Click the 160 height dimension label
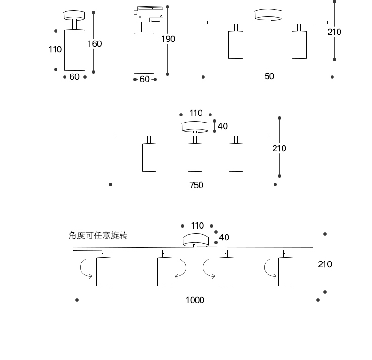pyautogui.click(x=95, y=44)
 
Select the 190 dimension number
pyautogui.click(x=168, y=39)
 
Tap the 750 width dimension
pyautogui.click(x=196, y=185)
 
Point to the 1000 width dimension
pyautogui.click(x=195, y=300)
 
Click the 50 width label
pyautogui.click(x=269, y=76)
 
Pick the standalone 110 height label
pyautogui.click(x=55, y=49)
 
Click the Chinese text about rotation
pyautogui.click(x=97, y=236)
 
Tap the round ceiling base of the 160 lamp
pyautogui.click(x=74, y=15)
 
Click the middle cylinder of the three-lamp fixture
pyautogui.click(x=195, y=157)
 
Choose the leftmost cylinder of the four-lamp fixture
pyautogui.click(x=104, y=272)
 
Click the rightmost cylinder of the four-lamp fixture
pyautogui.click(x=285, y=272)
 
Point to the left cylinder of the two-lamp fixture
pyautogui.click(x=235, y=45)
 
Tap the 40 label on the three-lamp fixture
pyautogui.click(x=223, y=126)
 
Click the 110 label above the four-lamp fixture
pyautogui.click(x=197, y=226)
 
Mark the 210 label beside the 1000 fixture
pyautogui.click(x=324, y=264)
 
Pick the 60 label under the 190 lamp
pyautogui.click(x=145, y=79)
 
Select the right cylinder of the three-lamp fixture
pyautogui.click(x=235, y=157)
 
